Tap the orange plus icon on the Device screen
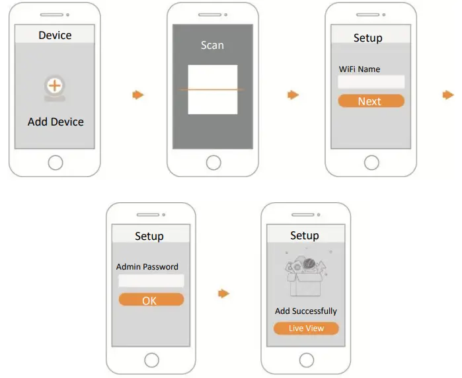pyautogui.click(x=55, y=86)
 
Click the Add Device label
pyautogui.click(x=56, y=122)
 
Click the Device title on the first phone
pyautogui.click(x=55, y=35)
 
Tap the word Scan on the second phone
pyautogui.click(x=212, y=45)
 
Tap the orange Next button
pyautogui.click(x=370, y=101)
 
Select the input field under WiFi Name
pyautogui.click(x=371, y=82)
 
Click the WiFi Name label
pyautogui.click(x=360, y=69)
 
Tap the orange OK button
pyautogui.click(x=150, y=300)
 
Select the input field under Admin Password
pyautogui.click(x=151, y=281)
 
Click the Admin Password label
pyautogui.click(x=147, y=267)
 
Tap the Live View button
pyautogui.click(x=306, y=328)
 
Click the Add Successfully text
pyautogui.click(x=306, y=311)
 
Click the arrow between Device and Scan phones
pyautogui.click(x=137, y=95)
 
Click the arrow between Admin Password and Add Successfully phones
pyautogui.click(x=224, y=293)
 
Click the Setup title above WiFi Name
pyautogui.click(x=367, y=38)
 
